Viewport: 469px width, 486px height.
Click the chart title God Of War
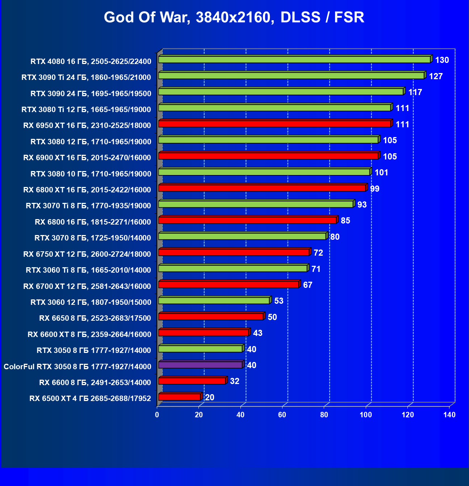234,17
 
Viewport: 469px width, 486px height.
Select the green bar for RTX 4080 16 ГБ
294,60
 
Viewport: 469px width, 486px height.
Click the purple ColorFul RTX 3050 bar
200,365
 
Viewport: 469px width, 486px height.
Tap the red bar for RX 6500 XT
179,397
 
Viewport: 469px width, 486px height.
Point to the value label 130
442,60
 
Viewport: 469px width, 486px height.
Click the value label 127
436,76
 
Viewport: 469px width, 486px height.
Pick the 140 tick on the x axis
449,415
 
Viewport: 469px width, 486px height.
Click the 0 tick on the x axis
157,415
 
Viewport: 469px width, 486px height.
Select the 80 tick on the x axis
324,415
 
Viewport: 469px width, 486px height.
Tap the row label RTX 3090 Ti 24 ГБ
86,77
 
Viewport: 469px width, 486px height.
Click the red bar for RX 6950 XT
275,124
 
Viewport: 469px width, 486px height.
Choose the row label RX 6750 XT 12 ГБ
87,254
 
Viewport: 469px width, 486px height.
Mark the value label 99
374,189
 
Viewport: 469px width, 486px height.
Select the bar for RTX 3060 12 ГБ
214,301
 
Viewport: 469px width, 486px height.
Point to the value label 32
235,381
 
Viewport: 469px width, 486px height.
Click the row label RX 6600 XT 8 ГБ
89,334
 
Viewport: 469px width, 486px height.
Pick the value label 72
318,253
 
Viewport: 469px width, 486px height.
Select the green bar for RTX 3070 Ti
256,204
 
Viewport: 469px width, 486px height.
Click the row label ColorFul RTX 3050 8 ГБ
77,367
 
